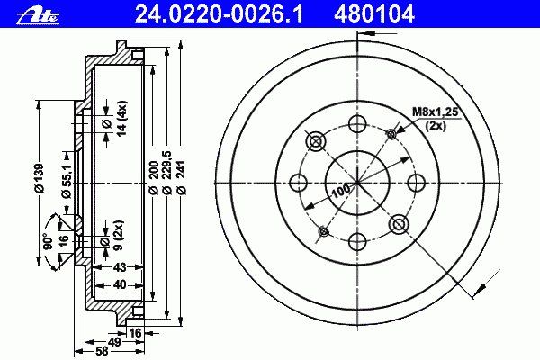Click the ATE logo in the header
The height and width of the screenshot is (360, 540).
[38, 14]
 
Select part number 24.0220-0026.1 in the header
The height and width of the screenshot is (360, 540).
[219, 14]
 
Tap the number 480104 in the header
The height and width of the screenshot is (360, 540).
[373, 14]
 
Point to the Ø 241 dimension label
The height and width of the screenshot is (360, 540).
[182, 177]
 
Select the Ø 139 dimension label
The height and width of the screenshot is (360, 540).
[40, 178]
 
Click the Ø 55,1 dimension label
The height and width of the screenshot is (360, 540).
[67, 181]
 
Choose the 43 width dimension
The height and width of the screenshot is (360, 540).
[120, 267]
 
